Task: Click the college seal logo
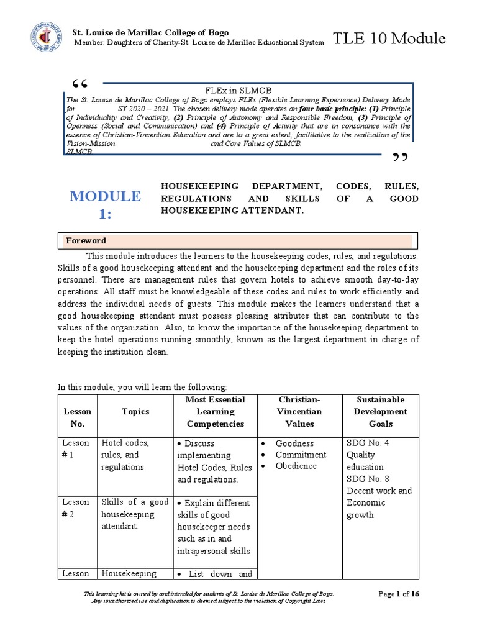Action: (x=44, y=38)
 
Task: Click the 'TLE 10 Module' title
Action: (x=389, y=39)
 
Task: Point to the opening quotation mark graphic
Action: (x=80, y=84)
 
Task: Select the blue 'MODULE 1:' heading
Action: (x=105, y=206)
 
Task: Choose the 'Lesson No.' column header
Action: (x=77, y=417)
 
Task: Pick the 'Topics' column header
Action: (x=135, y=411)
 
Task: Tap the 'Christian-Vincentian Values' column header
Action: (x=299, y=411)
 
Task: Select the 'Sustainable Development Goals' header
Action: (x=381, y=411)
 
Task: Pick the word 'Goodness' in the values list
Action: (x=295, y=443)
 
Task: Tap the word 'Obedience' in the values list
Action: (x=296, y=466)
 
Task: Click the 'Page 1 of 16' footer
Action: (x=399, y=594)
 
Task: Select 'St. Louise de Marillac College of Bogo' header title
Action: (x=151, y=32)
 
